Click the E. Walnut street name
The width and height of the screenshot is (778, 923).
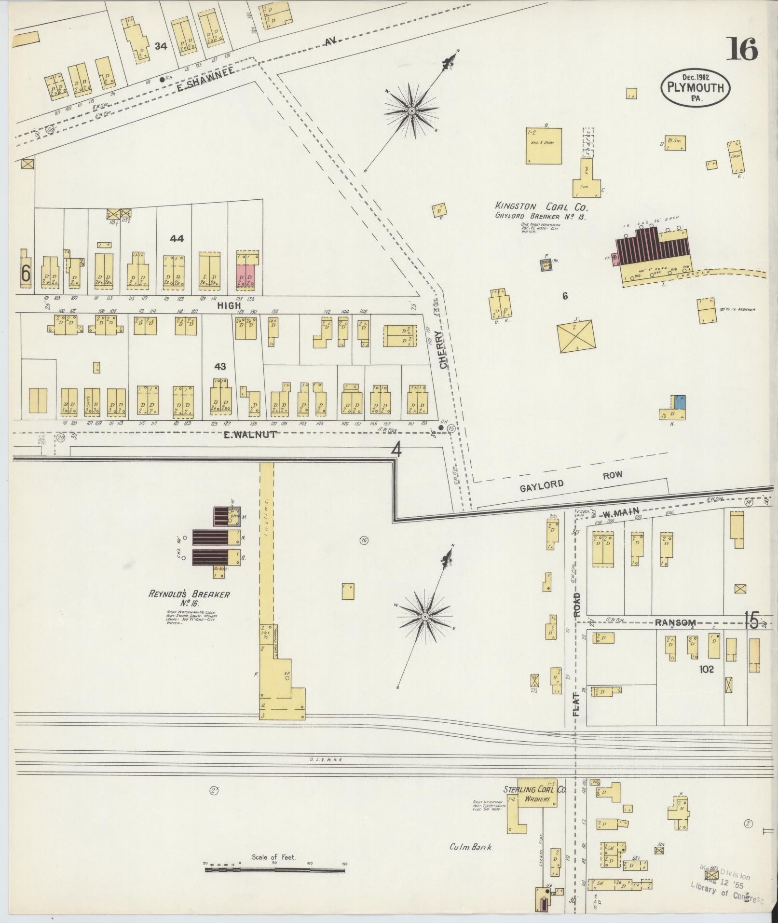(x=250, y=435)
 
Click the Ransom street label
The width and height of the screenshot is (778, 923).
(x=675, y=623)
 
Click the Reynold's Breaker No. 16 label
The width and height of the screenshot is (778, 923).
(x=189, y=598)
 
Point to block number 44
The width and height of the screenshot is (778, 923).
(x=177, y=238)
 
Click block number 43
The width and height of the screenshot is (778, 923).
(x=220, y=367)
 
